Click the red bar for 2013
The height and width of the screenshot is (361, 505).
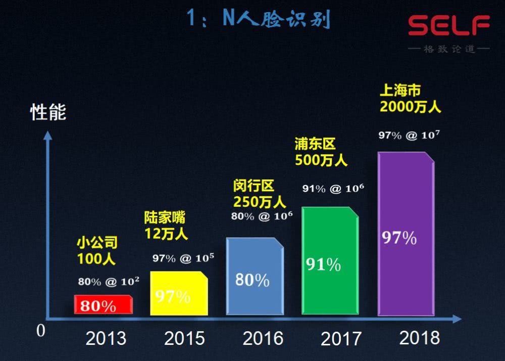[104, 304]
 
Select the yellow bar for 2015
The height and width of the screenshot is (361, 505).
[179, 294]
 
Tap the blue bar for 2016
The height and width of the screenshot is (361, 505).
[255, 277]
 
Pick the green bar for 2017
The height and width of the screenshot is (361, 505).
[330, 261]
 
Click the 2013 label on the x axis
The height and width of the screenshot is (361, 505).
[106, 338]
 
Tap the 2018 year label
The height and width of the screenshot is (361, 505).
[420, 337]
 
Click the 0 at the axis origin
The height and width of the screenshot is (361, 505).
[40, 331]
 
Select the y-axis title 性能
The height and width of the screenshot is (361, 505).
[48, 112]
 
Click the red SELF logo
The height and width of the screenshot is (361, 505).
[449, 26]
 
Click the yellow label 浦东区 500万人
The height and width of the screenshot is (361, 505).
[321, 152]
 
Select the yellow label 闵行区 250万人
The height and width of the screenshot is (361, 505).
[259, 194]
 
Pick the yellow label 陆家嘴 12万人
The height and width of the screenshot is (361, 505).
[166, 225]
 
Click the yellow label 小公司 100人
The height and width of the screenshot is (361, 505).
[97, 251]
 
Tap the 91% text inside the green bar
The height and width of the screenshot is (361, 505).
[323, 264]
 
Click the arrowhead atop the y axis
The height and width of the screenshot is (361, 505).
[47, 136]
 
